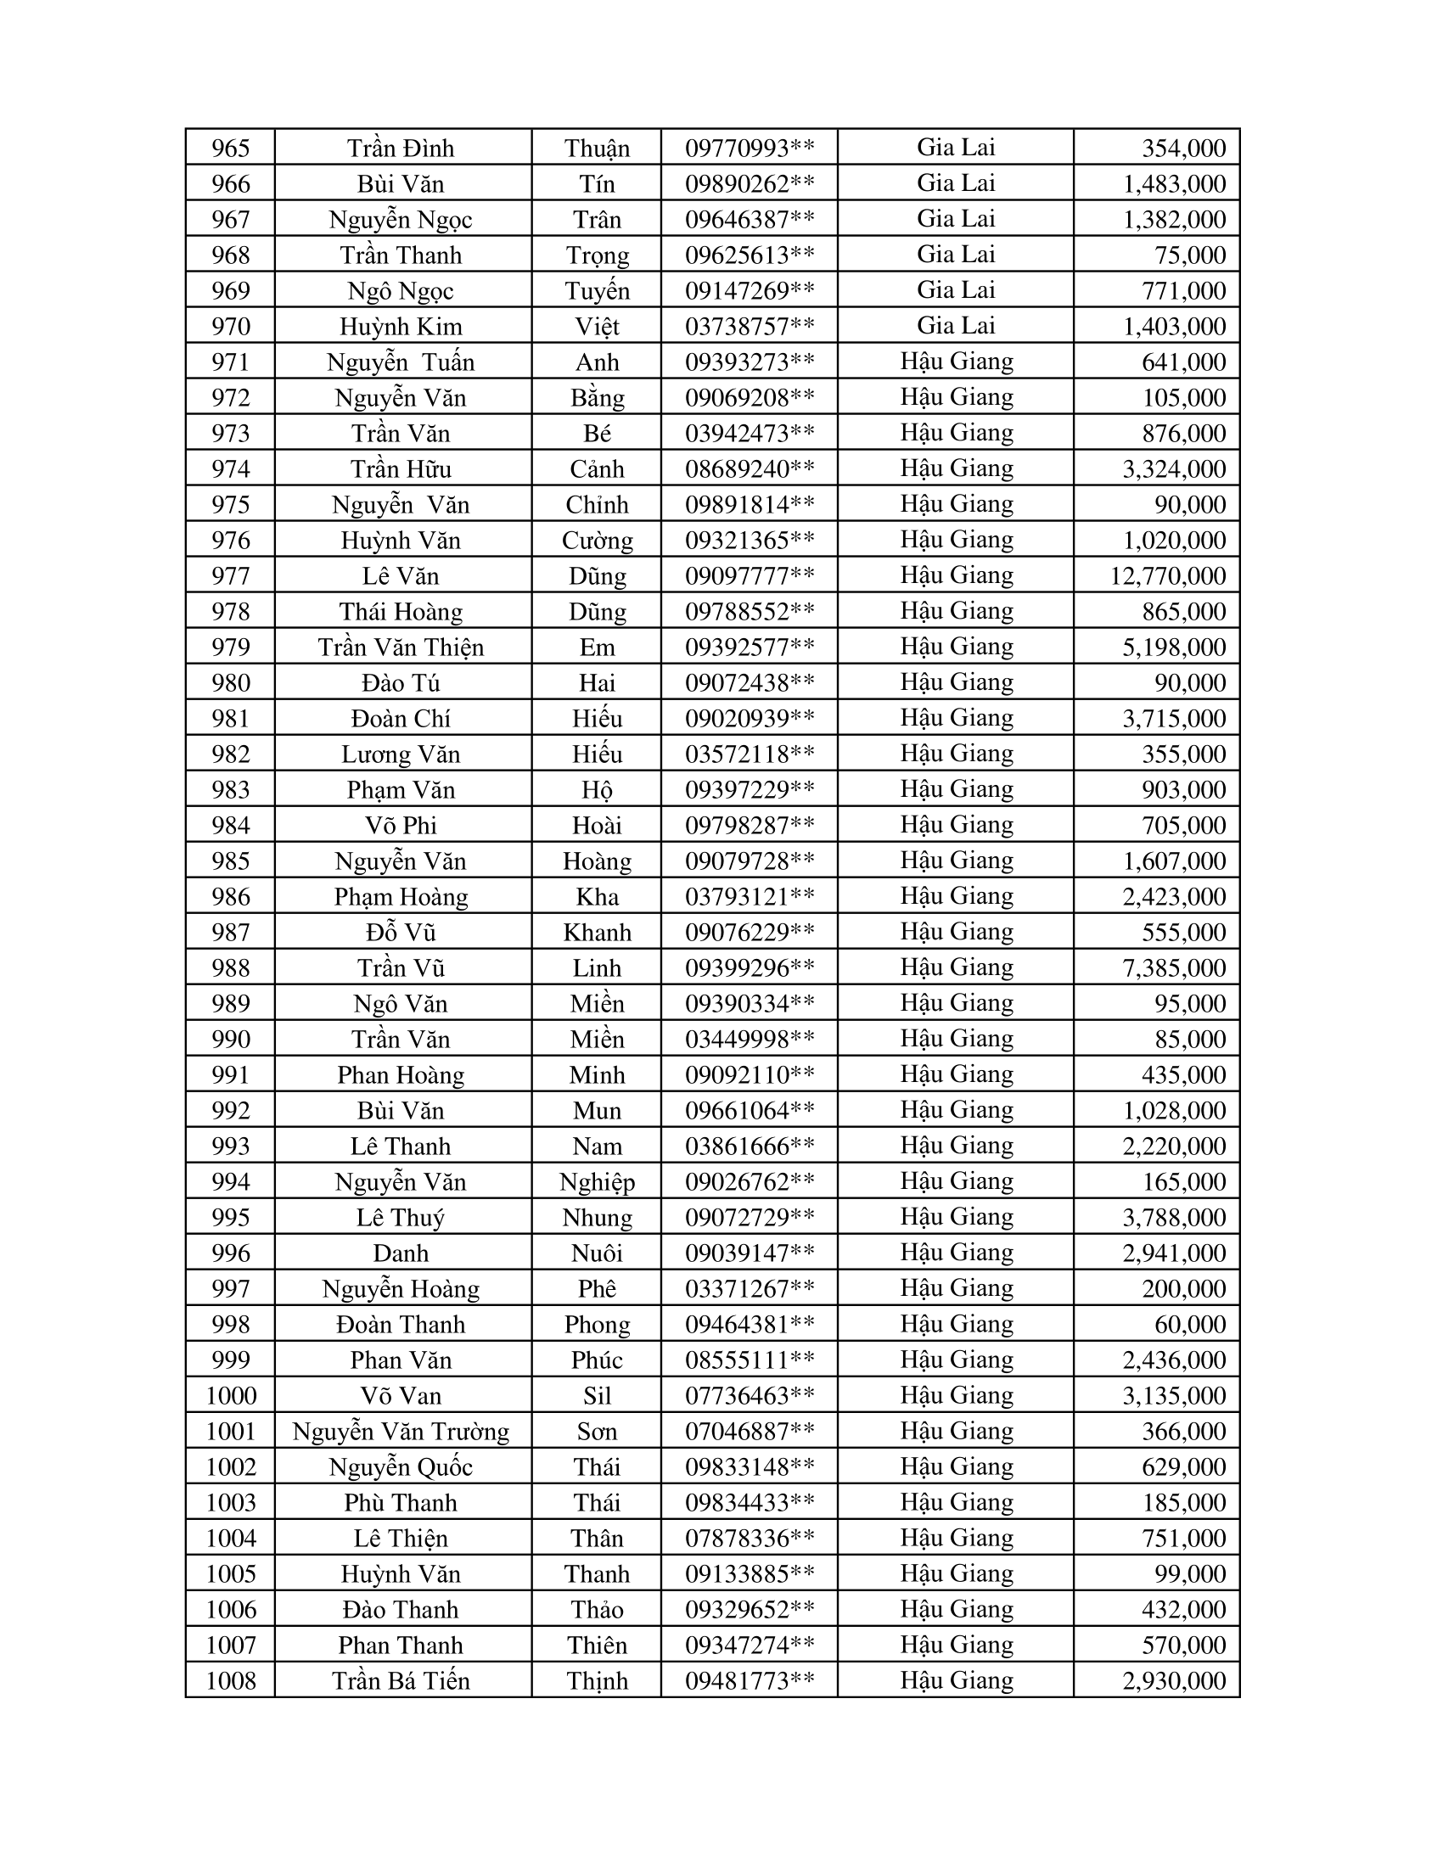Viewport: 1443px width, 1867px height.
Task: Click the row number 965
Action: [231, 148]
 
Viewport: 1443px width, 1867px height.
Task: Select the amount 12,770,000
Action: [1168, 576]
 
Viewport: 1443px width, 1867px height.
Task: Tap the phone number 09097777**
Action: [750, 576]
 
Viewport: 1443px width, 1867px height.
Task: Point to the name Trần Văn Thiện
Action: [401, 648]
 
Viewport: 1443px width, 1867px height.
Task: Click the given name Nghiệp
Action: [597, 1182]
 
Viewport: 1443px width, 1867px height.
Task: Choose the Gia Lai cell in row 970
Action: [956, 326]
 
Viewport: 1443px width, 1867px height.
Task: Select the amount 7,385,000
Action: [1174, 967]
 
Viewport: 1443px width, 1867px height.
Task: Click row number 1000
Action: [231, 1396]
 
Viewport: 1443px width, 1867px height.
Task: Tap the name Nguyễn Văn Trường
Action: [401, 1432]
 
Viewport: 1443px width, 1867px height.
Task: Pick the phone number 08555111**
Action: [750, 1360]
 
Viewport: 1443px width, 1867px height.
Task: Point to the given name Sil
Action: [597, 1396]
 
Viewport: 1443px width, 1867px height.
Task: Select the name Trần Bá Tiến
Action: [401, 1681]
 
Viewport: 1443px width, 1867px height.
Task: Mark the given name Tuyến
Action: [597, 290]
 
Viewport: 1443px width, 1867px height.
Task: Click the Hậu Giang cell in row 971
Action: [956, 362]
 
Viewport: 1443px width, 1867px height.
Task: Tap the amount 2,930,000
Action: [1174, 1681]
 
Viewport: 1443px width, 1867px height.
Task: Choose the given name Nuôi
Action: [597, 1253]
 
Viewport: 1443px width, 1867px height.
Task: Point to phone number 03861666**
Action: [750, 1147]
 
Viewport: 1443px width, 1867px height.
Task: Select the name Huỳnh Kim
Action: [401, 327]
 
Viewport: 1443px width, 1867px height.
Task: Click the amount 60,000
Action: [1190, 1324]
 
